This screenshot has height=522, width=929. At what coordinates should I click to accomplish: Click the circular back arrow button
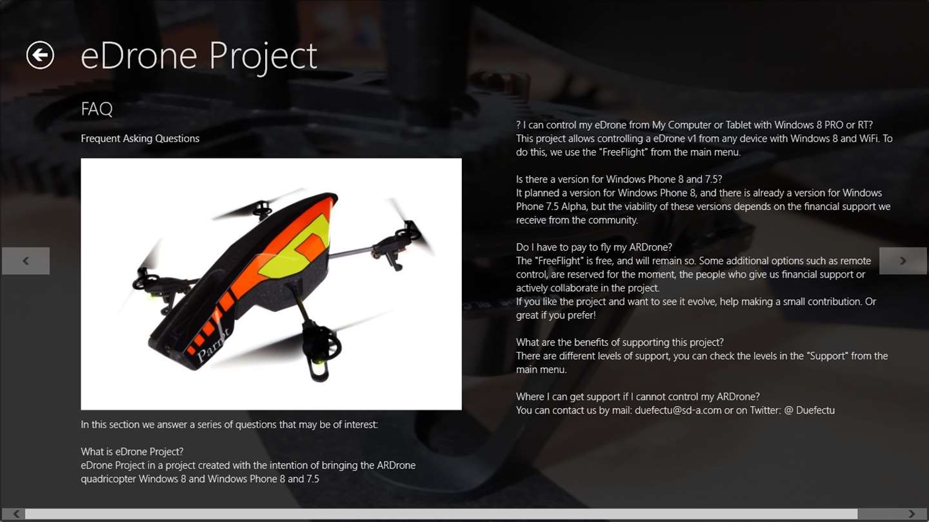tap(40, 55)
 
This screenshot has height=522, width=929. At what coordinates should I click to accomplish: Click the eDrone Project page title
tap(199, 56)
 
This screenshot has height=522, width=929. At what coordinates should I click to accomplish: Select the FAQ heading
tap(97, 109)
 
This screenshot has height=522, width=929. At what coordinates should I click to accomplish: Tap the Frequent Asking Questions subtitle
tap(140, 139)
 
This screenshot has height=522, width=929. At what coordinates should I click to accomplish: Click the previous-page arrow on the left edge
tap(26, 261)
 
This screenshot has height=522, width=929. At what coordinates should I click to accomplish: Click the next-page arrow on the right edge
tap(903, 261)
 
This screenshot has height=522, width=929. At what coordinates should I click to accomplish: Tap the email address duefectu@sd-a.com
tap(678, 411)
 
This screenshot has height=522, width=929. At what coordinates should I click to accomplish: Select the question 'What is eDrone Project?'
tap(132, 452)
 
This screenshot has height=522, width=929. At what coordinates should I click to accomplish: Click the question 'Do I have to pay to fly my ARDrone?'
tap(594, 247)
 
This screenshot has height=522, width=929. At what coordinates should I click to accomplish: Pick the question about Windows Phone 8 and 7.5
tap(619, 179)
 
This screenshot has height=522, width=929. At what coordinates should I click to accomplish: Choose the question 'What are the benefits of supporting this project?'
tap(619, 343)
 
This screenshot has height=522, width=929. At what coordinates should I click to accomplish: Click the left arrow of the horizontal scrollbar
tap(15, 514)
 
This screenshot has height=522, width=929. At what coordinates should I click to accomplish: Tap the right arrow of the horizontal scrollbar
tap(912, 514)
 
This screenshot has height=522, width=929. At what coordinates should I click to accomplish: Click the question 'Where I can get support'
tap(638, 397)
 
